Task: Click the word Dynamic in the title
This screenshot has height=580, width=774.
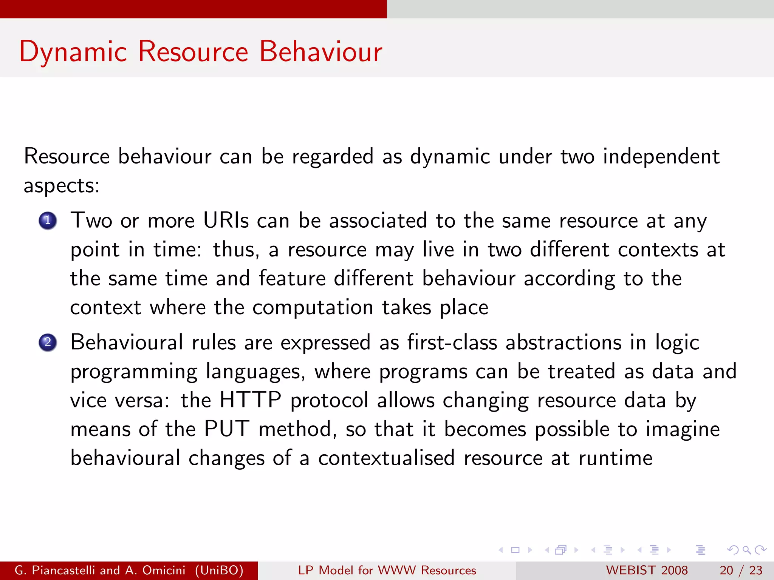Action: [73, 52]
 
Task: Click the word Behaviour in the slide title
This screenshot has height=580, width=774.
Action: [320, 51]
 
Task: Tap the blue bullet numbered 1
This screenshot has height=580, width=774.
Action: [48, 221]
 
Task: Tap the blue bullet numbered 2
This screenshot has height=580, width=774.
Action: [48, 342]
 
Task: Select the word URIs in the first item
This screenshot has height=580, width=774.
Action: [226, 221]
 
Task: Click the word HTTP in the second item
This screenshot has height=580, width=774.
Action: [250, 400]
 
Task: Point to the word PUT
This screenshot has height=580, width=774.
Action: [227, 429]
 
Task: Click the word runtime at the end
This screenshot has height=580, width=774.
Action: [615, 458]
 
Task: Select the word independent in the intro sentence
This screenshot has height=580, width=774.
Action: [661, 157]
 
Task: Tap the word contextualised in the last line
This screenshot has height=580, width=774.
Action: [386, 458]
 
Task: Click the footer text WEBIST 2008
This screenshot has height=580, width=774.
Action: [647, 570]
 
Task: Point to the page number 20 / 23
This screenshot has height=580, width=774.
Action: [741, 570]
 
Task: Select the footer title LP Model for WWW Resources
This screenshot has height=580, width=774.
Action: [387, 570]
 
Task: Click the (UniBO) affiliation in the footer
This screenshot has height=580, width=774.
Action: [219, 570]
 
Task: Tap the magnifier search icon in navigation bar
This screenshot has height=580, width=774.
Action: [746, 550]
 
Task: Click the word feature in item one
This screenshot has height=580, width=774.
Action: [292, 279]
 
